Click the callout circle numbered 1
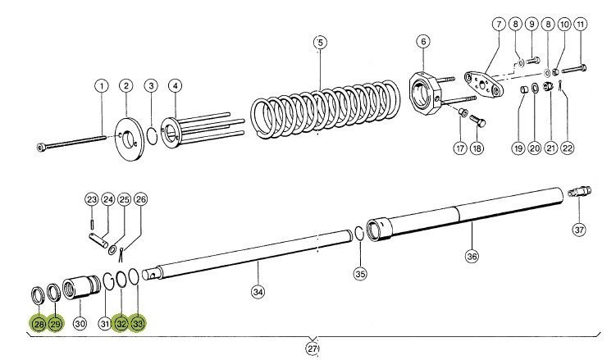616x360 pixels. point(102,85)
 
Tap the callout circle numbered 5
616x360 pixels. point(321,43)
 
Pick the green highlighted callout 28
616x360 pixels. point(38,324)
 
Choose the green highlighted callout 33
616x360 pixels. point(138,324)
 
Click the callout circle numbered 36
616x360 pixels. point(472,256)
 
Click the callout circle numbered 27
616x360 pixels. point(313,349)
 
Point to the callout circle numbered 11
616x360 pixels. point(580,25)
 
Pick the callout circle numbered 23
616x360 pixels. point(91,199)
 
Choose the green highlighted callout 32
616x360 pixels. point(120,324)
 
